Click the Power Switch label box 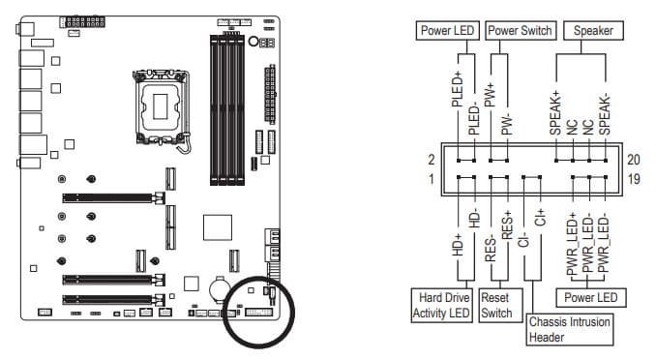521,31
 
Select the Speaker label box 593,31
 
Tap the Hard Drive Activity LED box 442,305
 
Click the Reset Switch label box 499,305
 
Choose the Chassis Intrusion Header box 570,329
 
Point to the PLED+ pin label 458,88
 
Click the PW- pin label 507,124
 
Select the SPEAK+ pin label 555,112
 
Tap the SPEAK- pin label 605,115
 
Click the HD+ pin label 458,245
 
